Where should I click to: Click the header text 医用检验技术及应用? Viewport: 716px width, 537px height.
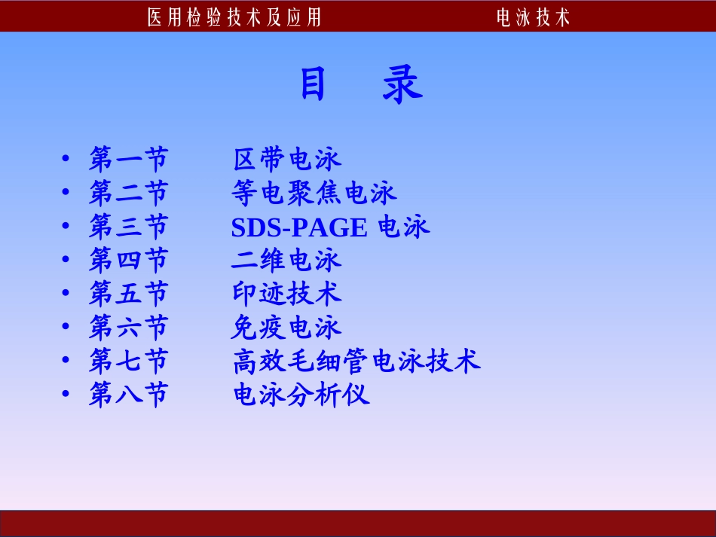(234, 17)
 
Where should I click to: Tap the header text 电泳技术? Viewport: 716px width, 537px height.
(532, 17)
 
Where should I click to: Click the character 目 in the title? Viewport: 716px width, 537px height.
(313, 84)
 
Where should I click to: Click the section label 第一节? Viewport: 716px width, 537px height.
(128, 160)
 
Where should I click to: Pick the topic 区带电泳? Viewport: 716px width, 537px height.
(287, 160)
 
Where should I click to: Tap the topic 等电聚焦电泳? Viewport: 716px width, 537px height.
(314, 194)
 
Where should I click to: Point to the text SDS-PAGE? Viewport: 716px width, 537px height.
(299, 227)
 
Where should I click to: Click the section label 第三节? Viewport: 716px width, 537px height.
(128, 227)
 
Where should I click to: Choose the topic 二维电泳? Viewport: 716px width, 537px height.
(287, 261)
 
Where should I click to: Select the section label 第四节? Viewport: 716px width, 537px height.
(128, 261)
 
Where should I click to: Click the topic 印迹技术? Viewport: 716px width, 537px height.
(287, 294)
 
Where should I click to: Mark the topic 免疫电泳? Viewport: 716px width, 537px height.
(287, 328)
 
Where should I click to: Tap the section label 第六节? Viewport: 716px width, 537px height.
(128, 328)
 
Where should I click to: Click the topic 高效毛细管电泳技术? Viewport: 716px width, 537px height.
(356, 362)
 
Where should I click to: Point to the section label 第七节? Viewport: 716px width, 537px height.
(128, 362)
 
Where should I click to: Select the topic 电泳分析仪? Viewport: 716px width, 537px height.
(301, 395)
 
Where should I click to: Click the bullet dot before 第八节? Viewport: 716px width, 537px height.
(66, 395)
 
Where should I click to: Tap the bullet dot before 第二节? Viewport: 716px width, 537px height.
(66, 194)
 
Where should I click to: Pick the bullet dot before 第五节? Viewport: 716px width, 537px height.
(66, 294)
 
